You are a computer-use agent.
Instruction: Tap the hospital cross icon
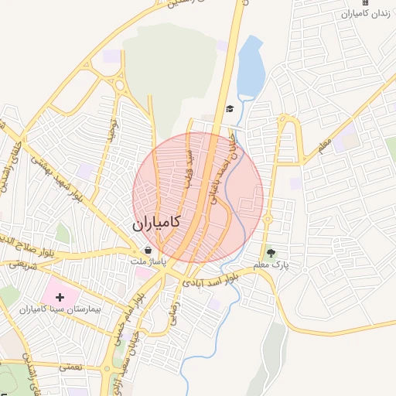point(60,297)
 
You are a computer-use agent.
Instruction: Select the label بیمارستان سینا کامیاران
point(60,309)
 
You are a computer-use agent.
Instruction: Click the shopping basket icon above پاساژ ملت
point(148,251)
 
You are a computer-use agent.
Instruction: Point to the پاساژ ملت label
point(148,263)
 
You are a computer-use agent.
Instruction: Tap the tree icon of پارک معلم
point(271,252)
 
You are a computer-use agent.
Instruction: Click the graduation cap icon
point(230,108)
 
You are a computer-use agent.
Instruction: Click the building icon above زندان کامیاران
point(365,3)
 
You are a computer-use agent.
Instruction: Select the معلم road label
point(324,144)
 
